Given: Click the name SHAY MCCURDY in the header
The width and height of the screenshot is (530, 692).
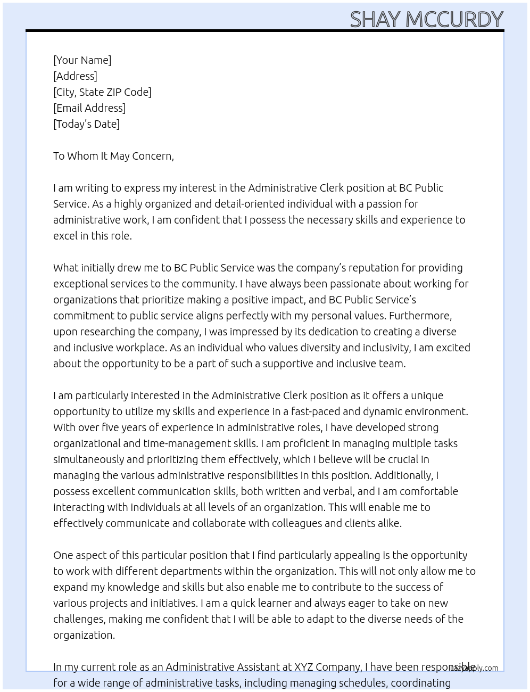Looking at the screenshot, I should [426, 20].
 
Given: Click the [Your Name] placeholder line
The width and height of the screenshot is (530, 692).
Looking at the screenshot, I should [82, 60].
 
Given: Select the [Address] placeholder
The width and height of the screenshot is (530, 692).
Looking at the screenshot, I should [75, 76].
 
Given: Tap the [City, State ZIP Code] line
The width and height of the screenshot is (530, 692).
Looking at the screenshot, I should [102, 92].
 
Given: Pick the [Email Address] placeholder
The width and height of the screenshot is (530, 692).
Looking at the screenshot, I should [89, 108].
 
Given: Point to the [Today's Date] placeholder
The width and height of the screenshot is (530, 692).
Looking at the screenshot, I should [86, 124].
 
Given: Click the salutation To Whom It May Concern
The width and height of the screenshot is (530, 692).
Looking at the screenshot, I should [113, 156].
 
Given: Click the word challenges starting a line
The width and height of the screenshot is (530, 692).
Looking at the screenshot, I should [78, 619].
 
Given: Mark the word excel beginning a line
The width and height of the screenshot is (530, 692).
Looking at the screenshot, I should [65, 236].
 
